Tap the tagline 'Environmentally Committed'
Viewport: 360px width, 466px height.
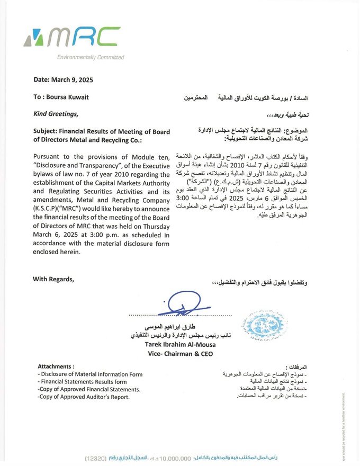(91, 57)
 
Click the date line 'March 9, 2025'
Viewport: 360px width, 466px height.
(71, 80)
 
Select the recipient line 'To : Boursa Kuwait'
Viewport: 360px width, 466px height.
(61, 97)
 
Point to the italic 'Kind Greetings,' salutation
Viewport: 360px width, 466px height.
(56, 114)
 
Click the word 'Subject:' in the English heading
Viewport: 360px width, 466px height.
(48, 131)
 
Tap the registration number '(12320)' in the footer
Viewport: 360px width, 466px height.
(100, 456)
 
